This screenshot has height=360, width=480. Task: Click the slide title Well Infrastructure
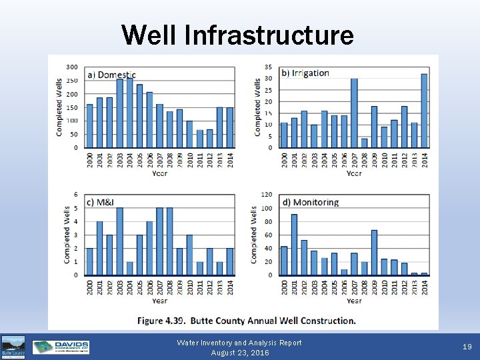pos(238,35)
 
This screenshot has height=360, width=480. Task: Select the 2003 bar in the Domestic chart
pos(120,113)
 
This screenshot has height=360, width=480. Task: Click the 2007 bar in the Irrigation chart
pos(354,113)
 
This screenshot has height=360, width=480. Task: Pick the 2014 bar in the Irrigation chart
pos(424,111)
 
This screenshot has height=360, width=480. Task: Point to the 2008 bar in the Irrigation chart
pos(364,143)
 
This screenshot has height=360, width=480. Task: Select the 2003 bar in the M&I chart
pos(120,241)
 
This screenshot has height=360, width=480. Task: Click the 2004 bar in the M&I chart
pos(130,268)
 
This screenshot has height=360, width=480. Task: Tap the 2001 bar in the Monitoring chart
pos(294,245)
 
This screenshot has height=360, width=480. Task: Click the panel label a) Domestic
pos(111,75)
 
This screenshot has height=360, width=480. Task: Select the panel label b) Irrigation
pos(305,73)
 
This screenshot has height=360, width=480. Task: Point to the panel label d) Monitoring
pos(310,202)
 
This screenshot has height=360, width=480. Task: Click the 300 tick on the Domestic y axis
pos(71,67)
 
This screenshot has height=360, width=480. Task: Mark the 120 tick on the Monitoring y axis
pos(266,195)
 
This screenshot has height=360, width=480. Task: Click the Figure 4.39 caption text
pos(246,321)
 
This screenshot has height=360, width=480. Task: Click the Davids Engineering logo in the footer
pos(61,347)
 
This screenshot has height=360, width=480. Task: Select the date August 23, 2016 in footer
pos(239,353)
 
